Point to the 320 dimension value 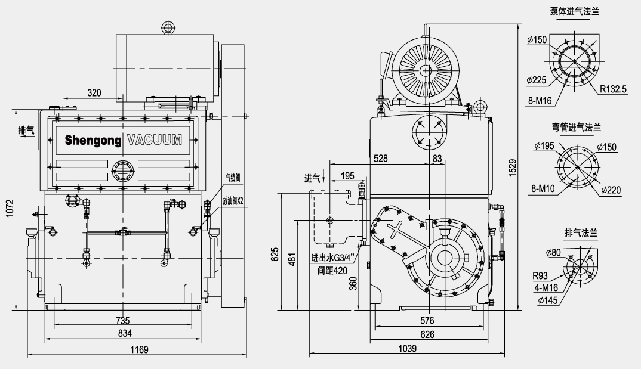coord(94,92)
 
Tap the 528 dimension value coord(380,159)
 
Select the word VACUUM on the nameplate coord(154,141)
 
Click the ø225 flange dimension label coord(537,80)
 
